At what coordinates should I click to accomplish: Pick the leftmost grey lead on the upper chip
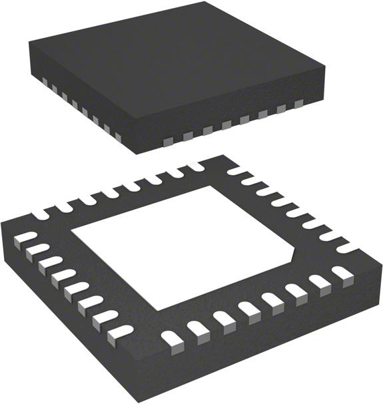45,82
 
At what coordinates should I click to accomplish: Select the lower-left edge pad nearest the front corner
119,331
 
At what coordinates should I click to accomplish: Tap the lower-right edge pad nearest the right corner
342,273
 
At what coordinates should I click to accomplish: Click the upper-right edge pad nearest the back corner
236,172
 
